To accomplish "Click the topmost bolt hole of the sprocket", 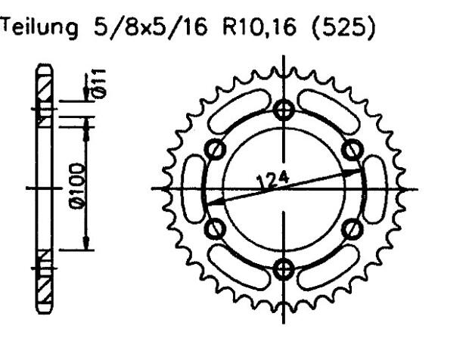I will [x=285, y=110].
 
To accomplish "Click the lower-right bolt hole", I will [x=353, y=228].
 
